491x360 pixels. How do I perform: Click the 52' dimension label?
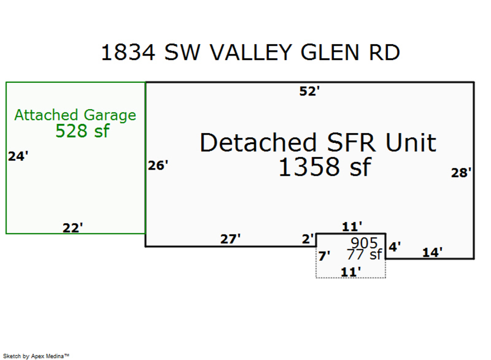click(309, 91)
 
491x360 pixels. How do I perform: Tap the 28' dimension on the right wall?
click(461, 172)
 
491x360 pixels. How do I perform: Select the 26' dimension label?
click(158, 165)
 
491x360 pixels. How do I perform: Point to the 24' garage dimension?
click(18, 156)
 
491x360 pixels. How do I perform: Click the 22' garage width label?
click(73, 227)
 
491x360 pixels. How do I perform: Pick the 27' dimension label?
click(230, 239)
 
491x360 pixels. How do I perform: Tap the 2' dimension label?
click(308, 239)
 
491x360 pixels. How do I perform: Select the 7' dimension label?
click(324, 256)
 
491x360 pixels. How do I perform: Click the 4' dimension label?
click(394, 247)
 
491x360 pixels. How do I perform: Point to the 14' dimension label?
click(433, 252)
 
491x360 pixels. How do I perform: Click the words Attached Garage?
click(75, 115)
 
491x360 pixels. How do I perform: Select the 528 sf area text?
click(82, 131)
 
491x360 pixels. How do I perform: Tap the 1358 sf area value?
click(325, 167)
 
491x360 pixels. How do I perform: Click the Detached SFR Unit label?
click(318, 142)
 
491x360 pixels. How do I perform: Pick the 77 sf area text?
click(364, 254)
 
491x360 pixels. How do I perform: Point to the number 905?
click(364, 243)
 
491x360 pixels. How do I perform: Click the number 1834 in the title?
click(128, 52)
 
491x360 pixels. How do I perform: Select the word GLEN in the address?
click(330, 52)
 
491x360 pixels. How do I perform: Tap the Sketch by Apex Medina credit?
click(36, 356)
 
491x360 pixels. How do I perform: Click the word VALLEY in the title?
click(250, 52)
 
